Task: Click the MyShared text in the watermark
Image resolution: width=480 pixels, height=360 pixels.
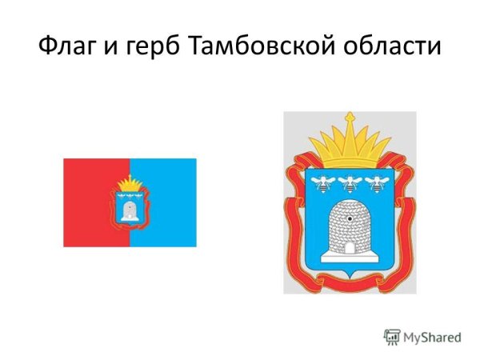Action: click(432, 337)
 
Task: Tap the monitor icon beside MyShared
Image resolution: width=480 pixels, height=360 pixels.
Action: click(392, 336)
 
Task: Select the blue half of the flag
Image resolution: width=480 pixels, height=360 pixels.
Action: click(172, 202)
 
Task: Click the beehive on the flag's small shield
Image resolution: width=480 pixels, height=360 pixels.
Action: click(129, 210)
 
